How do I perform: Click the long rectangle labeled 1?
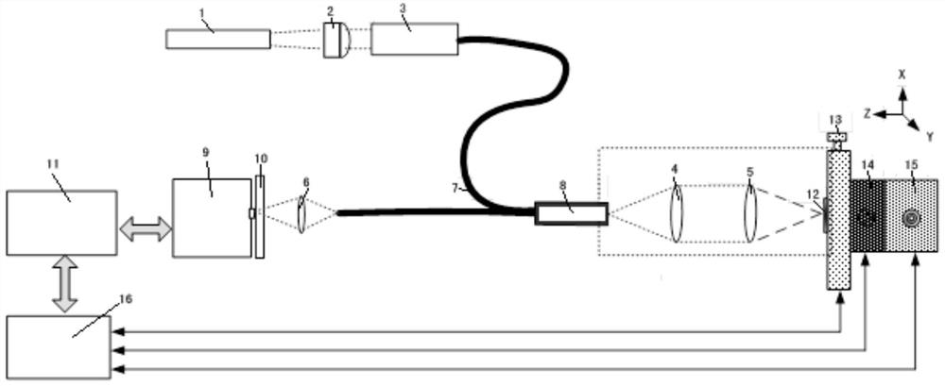click(x=217, y=39)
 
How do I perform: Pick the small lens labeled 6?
click(x=302, y=213)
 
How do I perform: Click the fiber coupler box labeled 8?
click(x=571, y=214)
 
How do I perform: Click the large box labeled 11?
click(x=61, y=223)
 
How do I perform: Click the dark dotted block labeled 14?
click(x=868, y=217)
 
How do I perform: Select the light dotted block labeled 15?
click(x=911, y=218)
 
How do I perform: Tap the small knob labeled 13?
click(x=836, y=139)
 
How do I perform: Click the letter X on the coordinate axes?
click(x=902, y=72)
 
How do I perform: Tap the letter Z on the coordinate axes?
click(x=865, y=112)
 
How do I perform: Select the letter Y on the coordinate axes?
click(x=930, y=137)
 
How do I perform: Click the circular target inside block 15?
click(x=911, y=218)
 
